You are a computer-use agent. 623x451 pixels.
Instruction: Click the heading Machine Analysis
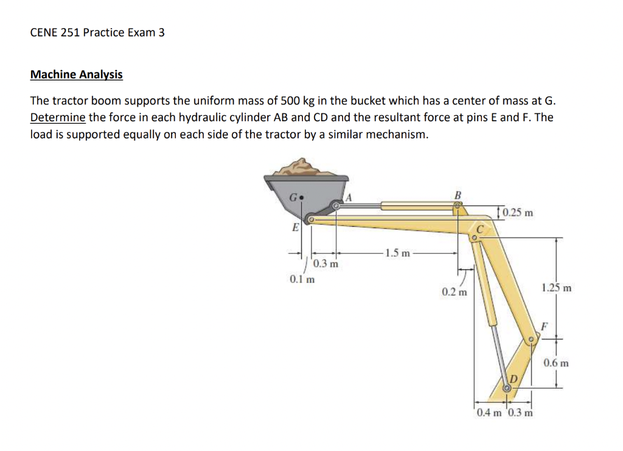pos(76,75)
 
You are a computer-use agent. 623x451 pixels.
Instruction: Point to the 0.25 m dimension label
pos(518,213)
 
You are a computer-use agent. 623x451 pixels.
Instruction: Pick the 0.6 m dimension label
pos(556,363)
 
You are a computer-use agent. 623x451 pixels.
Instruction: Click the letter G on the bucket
pos(293,197)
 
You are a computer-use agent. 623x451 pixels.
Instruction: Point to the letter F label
pos(545,326)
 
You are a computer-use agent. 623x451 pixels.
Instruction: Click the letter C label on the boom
pos(481,230)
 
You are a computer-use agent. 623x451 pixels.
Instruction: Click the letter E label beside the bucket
pos(295,228)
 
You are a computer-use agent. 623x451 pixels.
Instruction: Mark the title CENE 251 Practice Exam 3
pos(97,32)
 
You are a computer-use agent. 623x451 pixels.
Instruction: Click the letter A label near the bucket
pos(349,196)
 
